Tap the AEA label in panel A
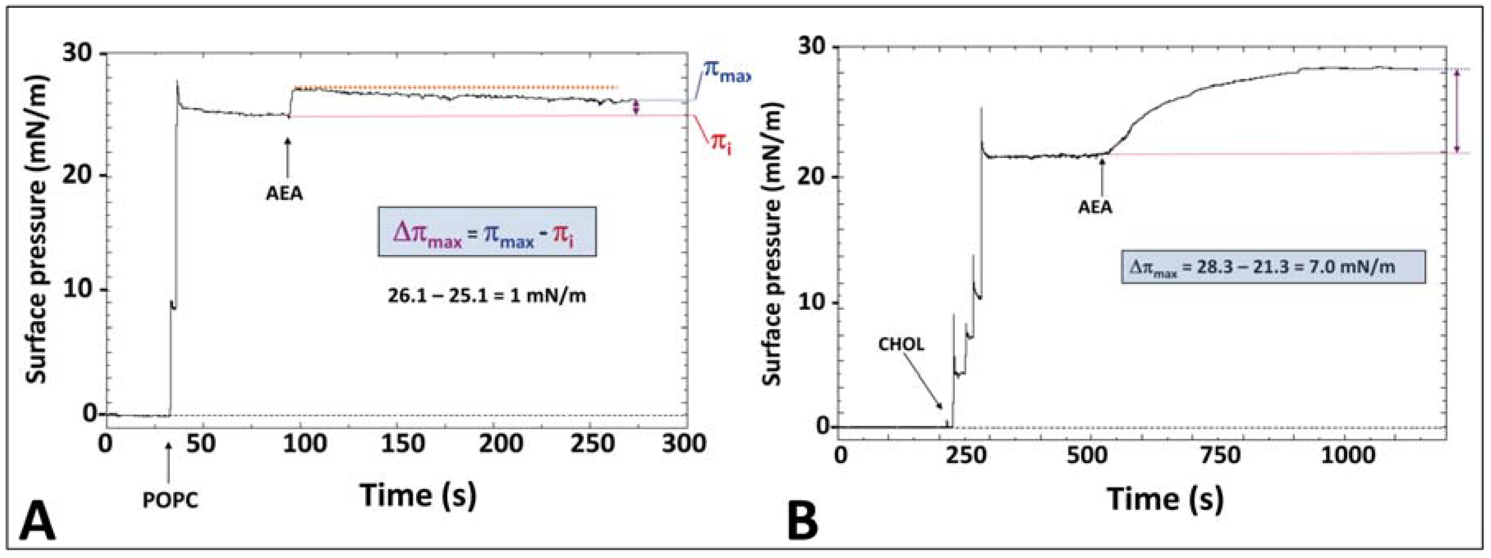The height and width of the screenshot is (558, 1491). pos(284,193)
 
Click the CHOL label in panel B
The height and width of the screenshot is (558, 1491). pos(901,345)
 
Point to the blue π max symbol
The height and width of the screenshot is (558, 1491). pos(725,87)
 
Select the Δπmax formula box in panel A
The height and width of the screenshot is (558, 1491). pos(487,231)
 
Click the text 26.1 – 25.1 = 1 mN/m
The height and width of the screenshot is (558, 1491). pos(487,296)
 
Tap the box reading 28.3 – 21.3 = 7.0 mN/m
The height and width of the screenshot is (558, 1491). pos(1273,267)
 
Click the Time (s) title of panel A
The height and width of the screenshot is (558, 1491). pos(418,495)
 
